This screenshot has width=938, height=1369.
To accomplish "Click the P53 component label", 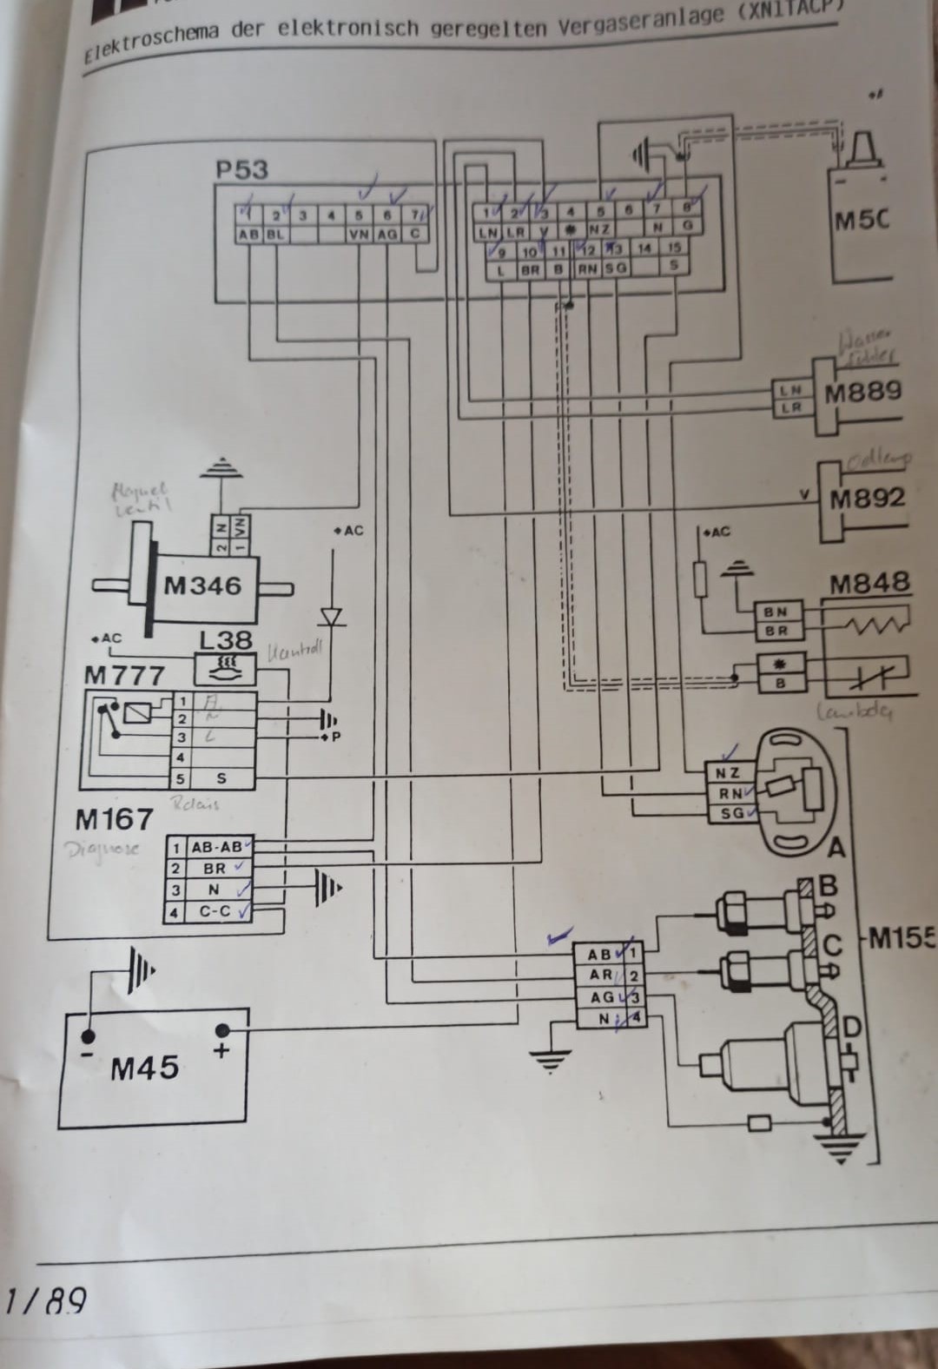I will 241,169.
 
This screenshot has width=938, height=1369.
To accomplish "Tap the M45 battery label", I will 144,1068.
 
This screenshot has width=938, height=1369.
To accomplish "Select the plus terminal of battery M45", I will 222,1031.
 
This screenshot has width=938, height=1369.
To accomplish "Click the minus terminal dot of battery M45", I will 87,1036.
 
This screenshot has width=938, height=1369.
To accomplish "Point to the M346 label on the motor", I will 202,586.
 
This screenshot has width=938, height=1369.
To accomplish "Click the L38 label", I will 225,641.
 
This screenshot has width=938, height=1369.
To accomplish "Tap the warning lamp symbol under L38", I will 225,668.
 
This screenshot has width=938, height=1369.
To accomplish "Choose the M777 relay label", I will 124,675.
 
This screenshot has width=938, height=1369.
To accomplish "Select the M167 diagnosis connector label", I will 114,818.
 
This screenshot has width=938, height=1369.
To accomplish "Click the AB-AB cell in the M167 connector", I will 217,847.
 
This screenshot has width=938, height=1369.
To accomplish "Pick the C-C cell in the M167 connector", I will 215,912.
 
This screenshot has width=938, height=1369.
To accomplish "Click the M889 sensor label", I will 862,392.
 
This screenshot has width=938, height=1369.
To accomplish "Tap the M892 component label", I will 866,499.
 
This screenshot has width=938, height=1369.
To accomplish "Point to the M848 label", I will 869,583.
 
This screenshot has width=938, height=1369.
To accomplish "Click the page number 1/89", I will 45,1300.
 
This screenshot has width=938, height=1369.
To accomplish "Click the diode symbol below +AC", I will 331,616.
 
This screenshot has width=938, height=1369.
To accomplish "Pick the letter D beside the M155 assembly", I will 852,1028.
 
